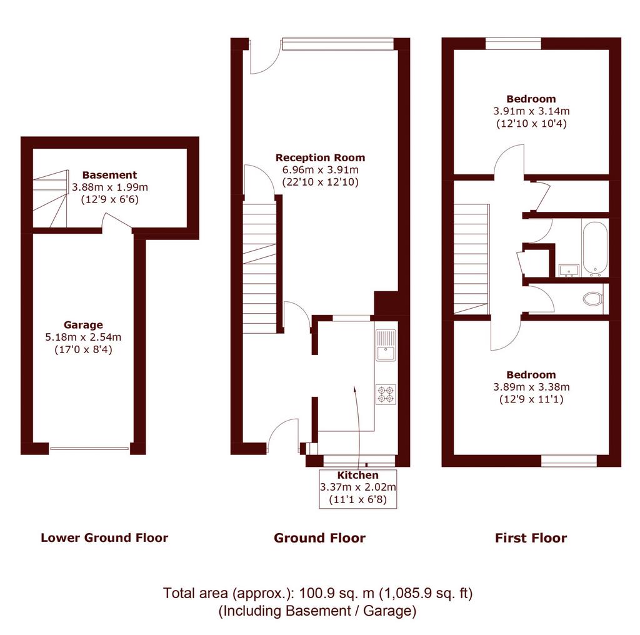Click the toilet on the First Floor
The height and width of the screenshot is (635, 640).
point(593,299)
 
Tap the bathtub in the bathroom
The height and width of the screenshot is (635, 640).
point(595,248)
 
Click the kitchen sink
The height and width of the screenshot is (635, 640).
point(386,345)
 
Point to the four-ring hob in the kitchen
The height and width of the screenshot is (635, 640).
point(386,394)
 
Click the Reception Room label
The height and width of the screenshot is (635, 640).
point(321,157)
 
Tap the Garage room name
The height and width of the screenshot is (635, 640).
point(83,325)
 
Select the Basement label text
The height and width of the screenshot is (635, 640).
point(110,175)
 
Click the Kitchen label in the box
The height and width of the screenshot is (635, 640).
point(358,475)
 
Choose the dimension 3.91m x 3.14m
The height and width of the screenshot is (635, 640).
point(531,111)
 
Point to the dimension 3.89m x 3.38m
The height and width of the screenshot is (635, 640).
point(531,387)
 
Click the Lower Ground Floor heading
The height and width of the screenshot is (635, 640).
point(104,538)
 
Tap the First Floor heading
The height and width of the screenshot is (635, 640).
point(531,538)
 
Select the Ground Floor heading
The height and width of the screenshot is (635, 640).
point(319,538)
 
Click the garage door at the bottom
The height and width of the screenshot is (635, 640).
point(89,449)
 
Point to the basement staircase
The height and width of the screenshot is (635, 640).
point(50,199)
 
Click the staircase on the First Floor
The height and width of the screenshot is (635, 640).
point(471,259)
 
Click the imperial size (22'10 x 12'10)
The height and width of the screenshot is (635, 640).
point(321,182)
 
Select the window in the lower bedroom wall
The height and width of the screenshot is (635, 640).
point(569,461)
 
